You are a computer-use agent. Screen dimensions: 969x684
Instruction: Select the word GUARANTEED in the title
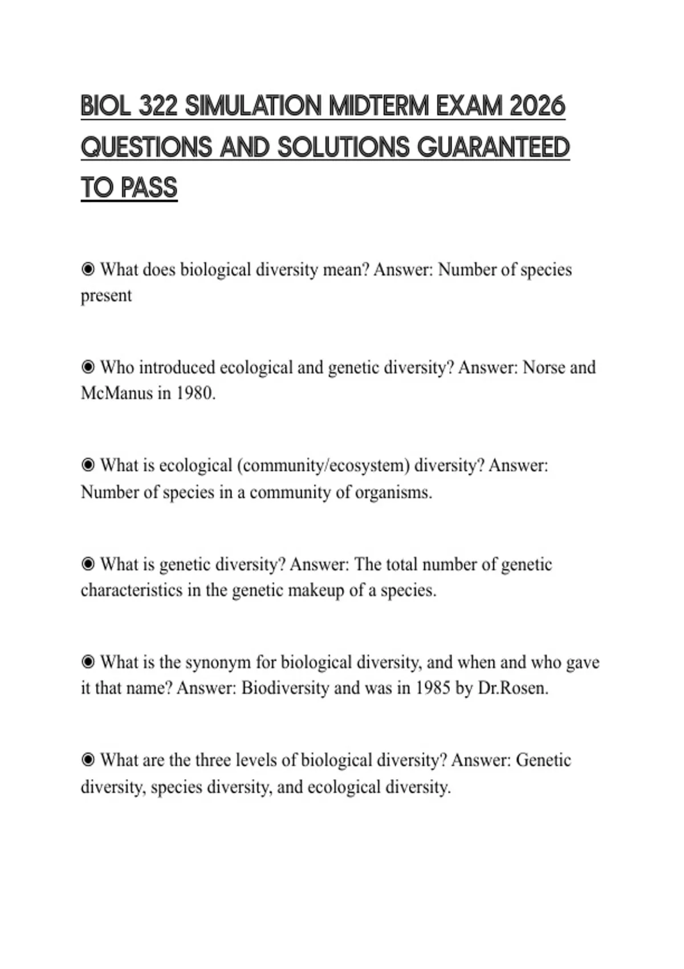pyautogui.click(x=494, y=148)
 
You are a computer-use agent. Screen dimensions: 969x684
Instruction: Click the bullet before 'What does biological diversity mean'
pyautogui.click(x=88, y=269)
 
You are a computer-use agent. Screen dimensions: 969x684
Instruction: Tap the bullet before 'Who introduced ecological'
pyautogui.click(x=88, y=367)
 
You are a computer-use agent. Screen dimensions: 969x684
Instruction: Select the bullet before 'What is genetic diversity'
pyautogui.click(x=88, y=564)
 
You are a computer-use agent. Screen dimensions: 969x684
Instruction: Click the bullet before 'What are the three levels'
pyautogui.click(x=88, y=760)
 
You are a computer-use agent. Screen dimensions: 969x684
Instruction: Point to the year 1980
pyautogui.click(x=196, y=393)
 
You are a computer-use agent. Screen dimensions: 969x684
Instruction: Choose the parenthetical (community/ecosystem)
pyautogui.click(x=323, y=466)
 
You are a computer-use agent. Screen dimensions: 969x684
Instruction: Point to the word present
pyautogui.click(x=106, y=296)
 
